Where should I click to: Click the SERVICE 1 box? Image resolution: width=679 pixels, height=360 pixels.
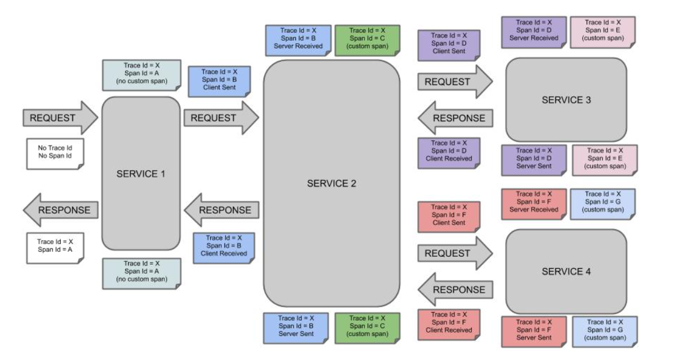[141, 173]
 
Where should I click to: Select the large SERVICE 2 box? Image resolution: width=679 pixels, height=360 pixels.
[332, 183]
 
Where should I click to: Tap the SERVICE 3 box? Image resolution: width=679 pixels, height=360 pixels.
[566, 100]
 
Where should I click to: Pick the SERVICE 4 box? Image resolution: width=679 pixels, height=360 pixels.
[566, 271]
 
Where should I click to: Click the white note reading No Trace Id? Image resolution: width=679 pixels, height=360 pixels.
[55, 154]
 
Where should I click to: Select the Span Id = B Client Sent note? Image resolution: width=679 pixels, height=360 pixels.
[219, 82]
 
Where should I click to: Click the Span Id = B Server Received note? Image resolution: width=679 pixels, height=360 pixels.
[298, 40]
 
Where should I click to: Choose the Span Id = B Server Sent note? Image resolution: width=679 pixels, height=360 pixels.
[296, 328]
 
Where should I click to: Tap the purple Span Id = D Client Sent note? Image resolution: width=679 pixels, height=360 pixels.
[449, 45]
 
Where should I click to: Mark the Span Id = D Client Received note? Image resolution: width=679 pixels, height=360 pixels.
[449, 153]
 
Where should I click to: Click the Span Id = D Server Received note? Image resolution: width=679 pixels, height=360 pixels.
[534, 32]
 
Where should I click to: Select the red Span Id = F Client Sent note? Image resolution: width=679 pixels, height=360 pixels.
[449, 217]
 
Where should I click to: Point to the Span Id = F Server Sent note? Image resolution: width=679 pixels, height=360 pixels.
[534, 332]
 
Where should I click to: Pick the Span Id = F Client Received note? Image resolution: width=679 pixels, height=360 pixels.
[449, 324]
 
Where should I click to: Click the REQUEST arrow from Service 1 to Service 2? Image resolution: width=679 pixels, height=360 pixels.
[221, 118]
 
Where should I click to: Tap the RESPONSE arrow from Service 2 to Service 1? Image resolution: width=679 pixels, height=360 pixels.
[221, 210]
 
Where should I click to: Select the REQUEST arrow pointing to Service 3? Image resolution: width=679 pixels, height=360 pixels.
[455, 82]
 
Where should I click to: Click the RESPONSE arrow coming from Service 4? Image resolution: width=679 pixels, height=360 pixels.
[455, 289]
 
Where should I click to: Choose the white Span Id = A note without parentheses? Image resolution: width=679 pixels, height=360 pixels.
[55, 248]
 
